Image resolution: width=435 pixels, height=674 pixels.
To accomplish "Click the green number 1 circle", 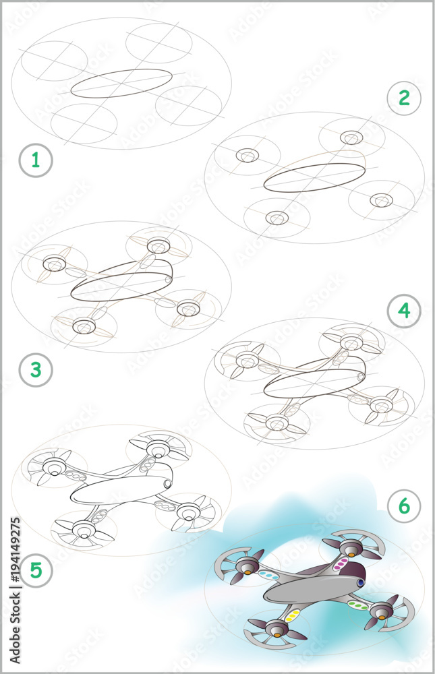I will [x=35, y=160].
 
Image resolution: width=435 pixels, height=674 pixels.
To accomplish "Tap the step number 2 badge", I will [x=404, y=98].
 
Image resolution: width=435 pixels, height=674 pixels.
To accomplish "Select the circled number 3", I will [x=35, y=370].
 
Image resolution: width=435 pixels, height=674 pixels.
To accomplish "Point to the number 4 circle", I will [x=404, y=310].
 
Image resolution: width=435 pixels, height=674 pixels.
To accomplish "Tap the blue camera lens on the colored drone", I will [x=361, y=582].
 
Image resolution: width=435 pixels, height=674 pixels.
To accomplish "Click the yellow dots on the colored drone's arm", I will [x=293, y=615].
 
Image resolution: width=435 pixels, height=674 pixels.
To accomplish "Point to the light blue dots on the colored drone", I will [x=269, y=576].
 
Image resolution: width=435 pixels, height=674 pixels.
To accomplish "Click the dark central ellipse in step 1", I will [x=121, y=84].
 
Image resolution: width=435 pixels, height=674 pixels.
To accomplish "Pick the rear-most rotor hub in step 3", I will [x=158, y=245].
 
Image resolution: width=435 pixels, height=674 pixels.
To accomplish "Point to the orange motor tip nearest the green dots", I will [x=380, y=615].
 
